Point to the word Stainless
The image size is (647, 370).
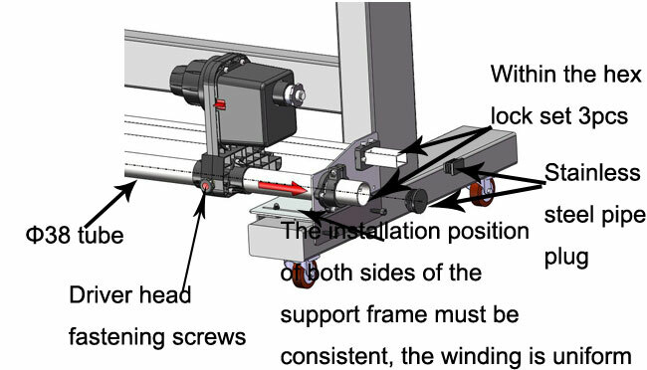click(x=593, y=175)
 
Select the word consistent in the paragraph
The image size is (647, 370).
click(x=337, y=355)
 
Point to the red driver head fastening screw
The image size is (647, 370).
click(x=206, y=187)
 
